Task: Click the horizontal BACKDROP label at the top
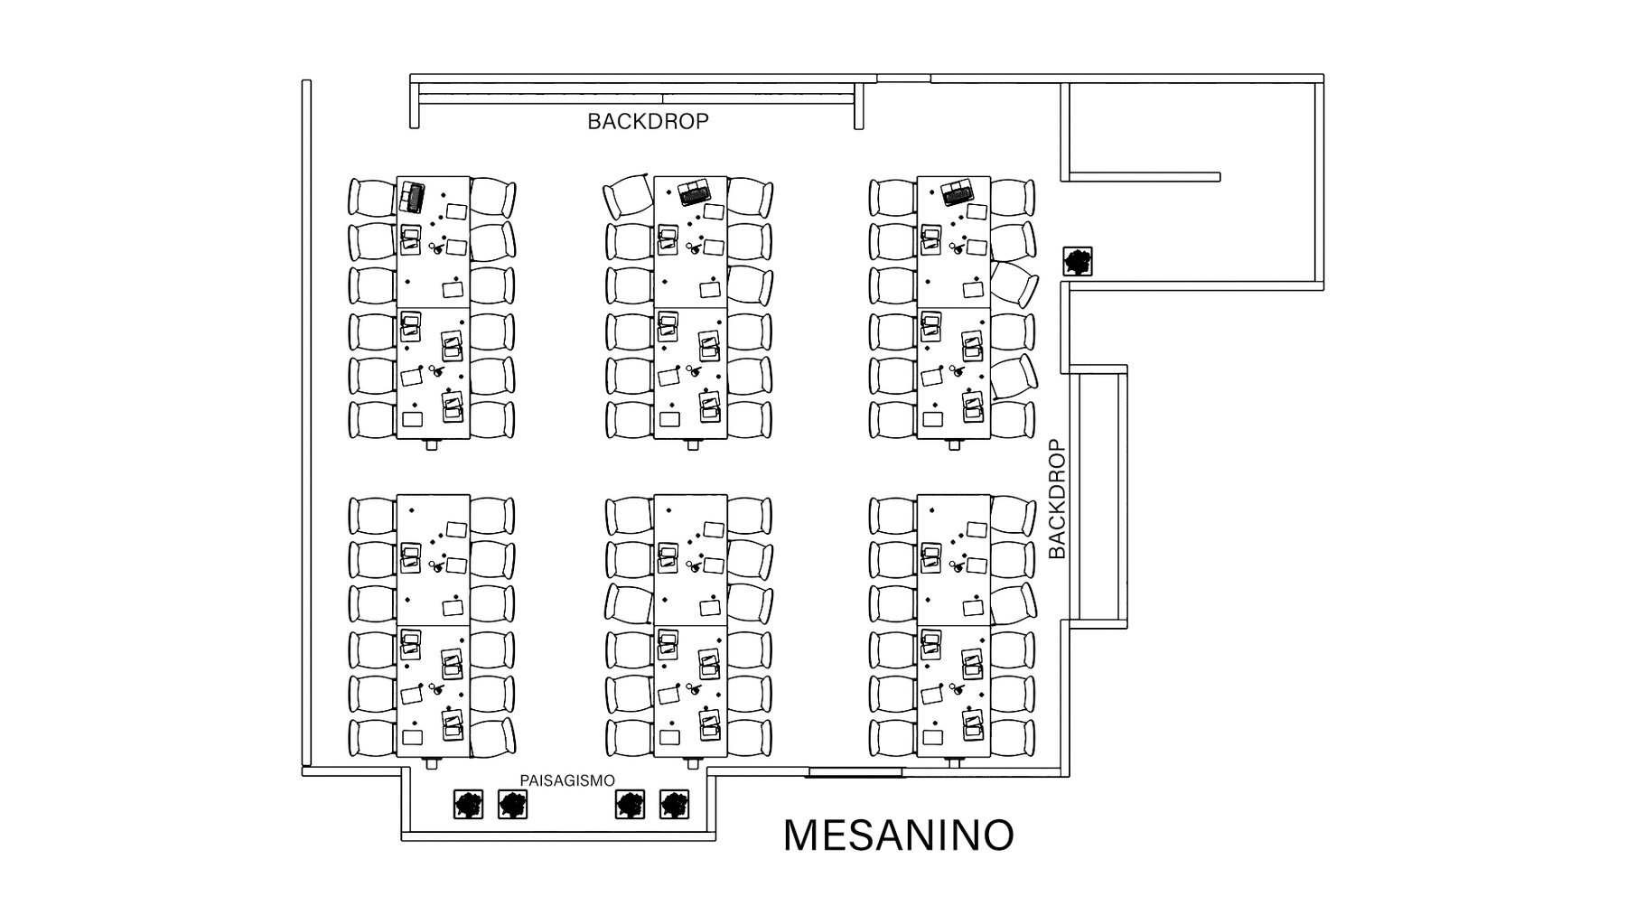tap(648, 121)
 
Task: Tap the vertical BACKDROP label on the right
tap(1057, 499)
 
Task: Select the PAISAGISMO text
tap(567, 780)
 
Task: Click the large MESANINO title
tap(898, 836)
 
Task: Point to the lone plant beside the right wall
tap(1078, 262)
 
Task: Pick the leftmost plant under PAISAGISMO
tap(467, 804)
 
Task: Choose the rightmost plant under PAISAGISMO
tap(675, 804)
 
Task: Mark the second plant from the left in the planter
tap(513, 804)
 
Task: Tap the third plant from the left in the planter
tap(630, 804)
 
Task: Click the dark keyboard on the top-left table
tap(413, 197)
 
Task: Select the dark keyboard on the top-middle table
tap(695, 191)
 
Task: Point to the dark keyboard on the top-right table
tap(957, 193)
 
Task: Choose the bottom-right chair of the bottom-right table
tap(1012, 738)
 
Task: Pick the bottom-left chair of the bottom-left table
tap(372, 738)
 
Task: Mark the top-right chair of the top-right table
tap(1012, 198)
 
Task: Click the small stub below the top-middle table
tap(693, 444)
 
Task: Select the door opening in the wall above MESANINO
tap(855, 772)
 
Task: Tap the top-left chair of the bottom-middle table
tap(629, 516)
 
